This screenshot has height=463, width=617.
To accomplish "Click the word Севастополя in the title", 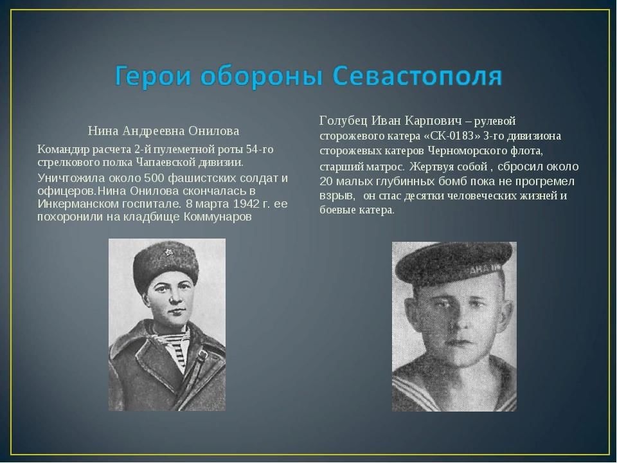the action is tap(418, 76).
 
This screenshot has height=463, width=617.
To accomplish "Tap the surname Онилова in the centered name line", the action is tap(213, 131).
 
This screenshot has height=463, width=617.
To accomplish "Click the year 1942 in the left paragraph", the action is tap(245, 204).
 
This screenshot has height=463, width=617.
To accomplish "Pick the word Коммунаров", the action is tap(218, 217).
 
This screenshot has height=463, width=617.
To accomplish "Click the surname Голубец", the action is tap(343, 121).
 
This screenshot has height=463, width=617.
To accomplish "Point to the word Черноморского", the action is tap(469, 150).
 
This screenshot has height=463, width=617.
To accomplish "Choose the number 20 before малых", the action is tap(326, 181).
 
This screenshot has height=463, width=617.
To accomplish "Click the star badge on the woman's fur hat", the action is tap(168, 252).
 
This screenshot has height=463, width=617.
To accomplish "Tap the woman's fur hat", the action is tap(165, 266).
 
